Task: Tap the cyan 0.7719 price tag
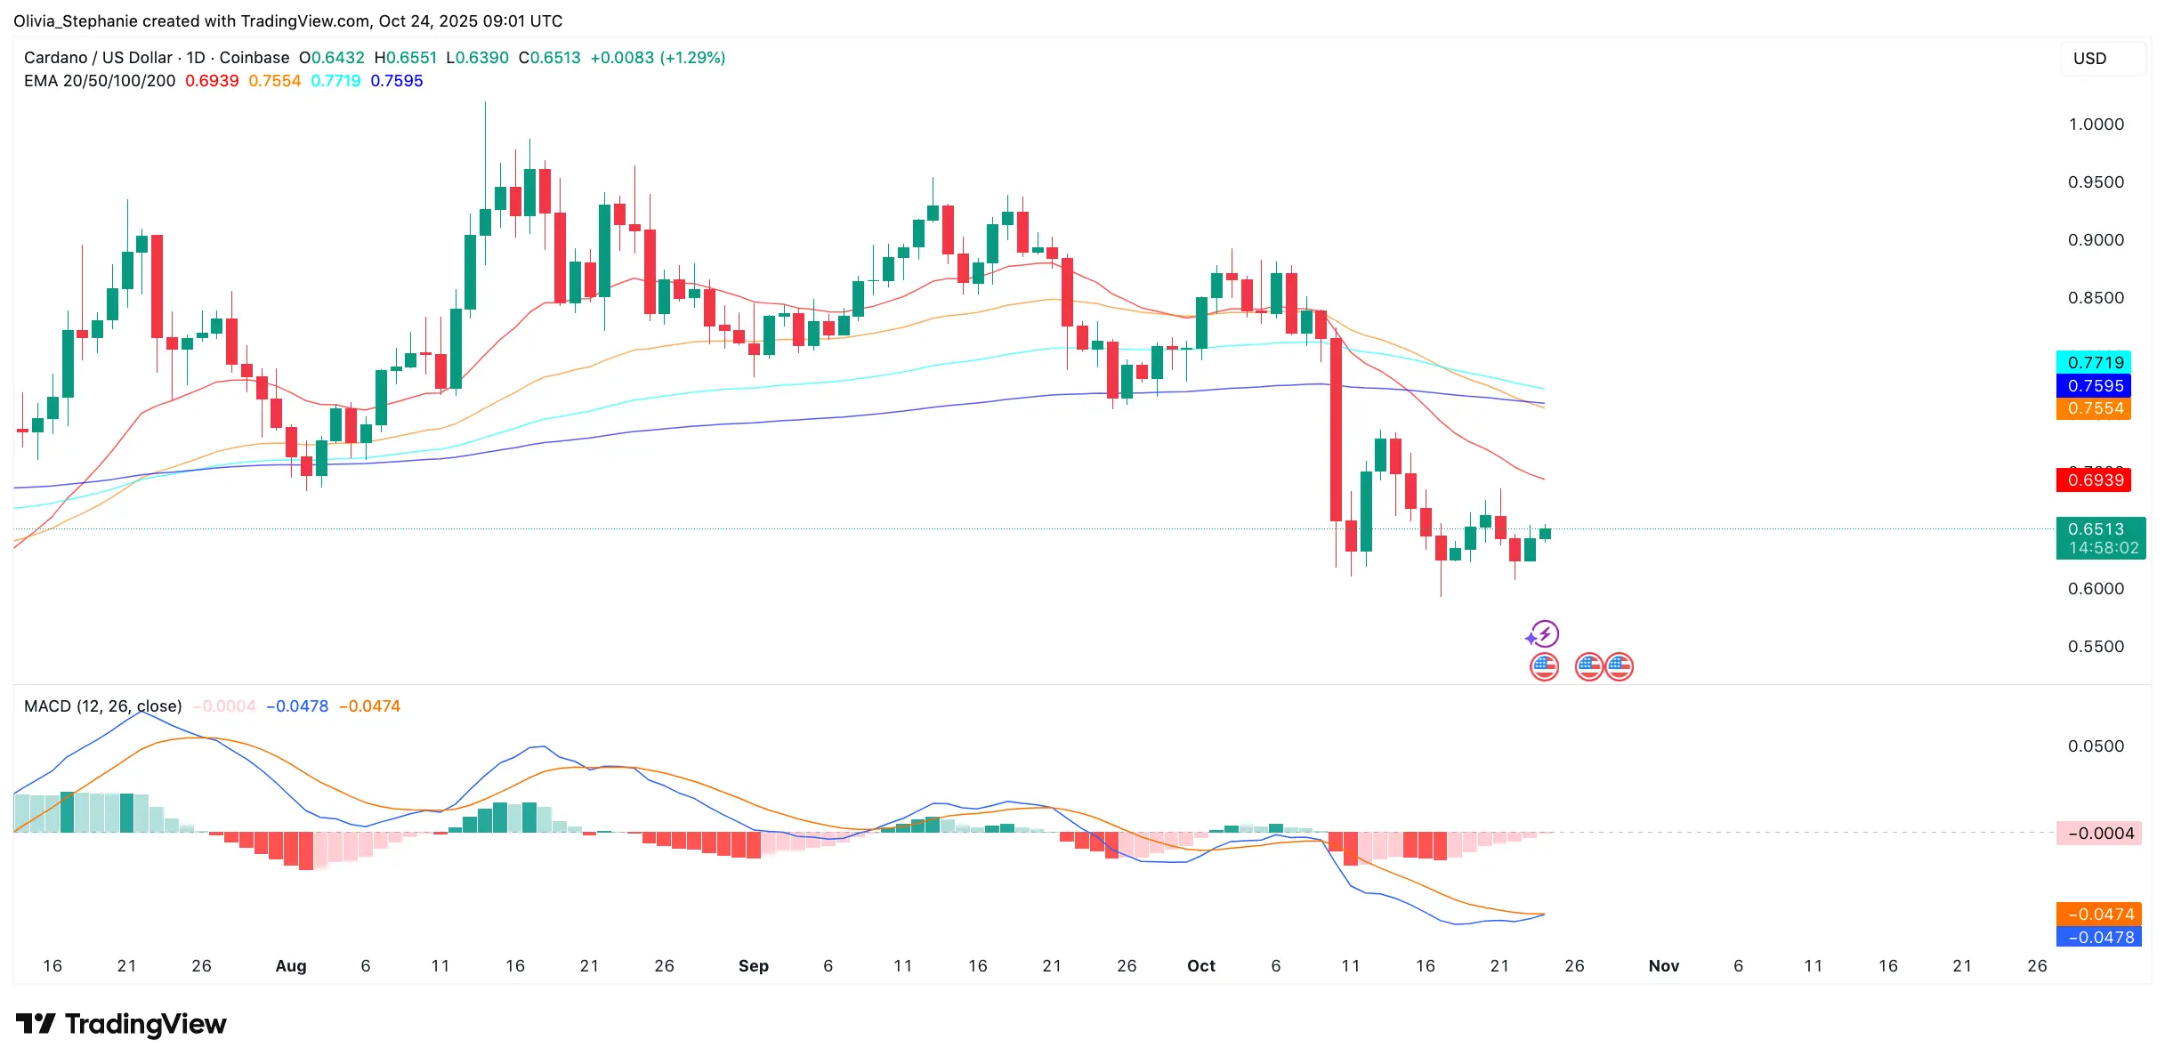click(x=2093, y=362)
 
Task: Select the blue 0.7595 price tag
click(x=2093, y=385)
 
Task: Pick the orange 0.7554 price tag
click(x=2093, y=408)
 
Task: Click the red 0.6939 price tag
click(x=2093, y=480)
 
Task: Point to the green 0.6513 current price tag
click(x=2100, y=538)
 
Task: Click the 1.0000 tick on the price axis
click(x=2096, y=125)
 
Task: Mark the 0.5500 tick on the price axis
click(x=2096, y=647)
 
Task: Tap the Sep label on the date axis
click(x=753, y=966)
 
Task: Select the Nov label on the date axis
click(x=1663, y=966)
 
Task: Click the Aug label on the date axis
click(x=291, y=966)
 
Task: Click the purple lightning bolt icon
click(x=1544, y=634)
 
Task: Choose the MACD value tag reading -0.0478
click(x=2099, y=938)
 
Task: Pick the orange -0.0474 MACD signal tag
click(x=2099, y=915)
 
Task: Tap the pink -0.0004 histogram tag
click(x=2099, y=834)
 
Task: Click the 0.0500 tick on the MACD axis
click(x=2096, y=746)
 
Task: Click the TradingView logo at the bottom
click(x=121, y=1024)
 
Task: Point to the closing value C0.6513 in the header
click(x=549, y=58)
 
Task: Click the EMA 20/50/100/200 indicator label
click(x=100, y=81)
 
